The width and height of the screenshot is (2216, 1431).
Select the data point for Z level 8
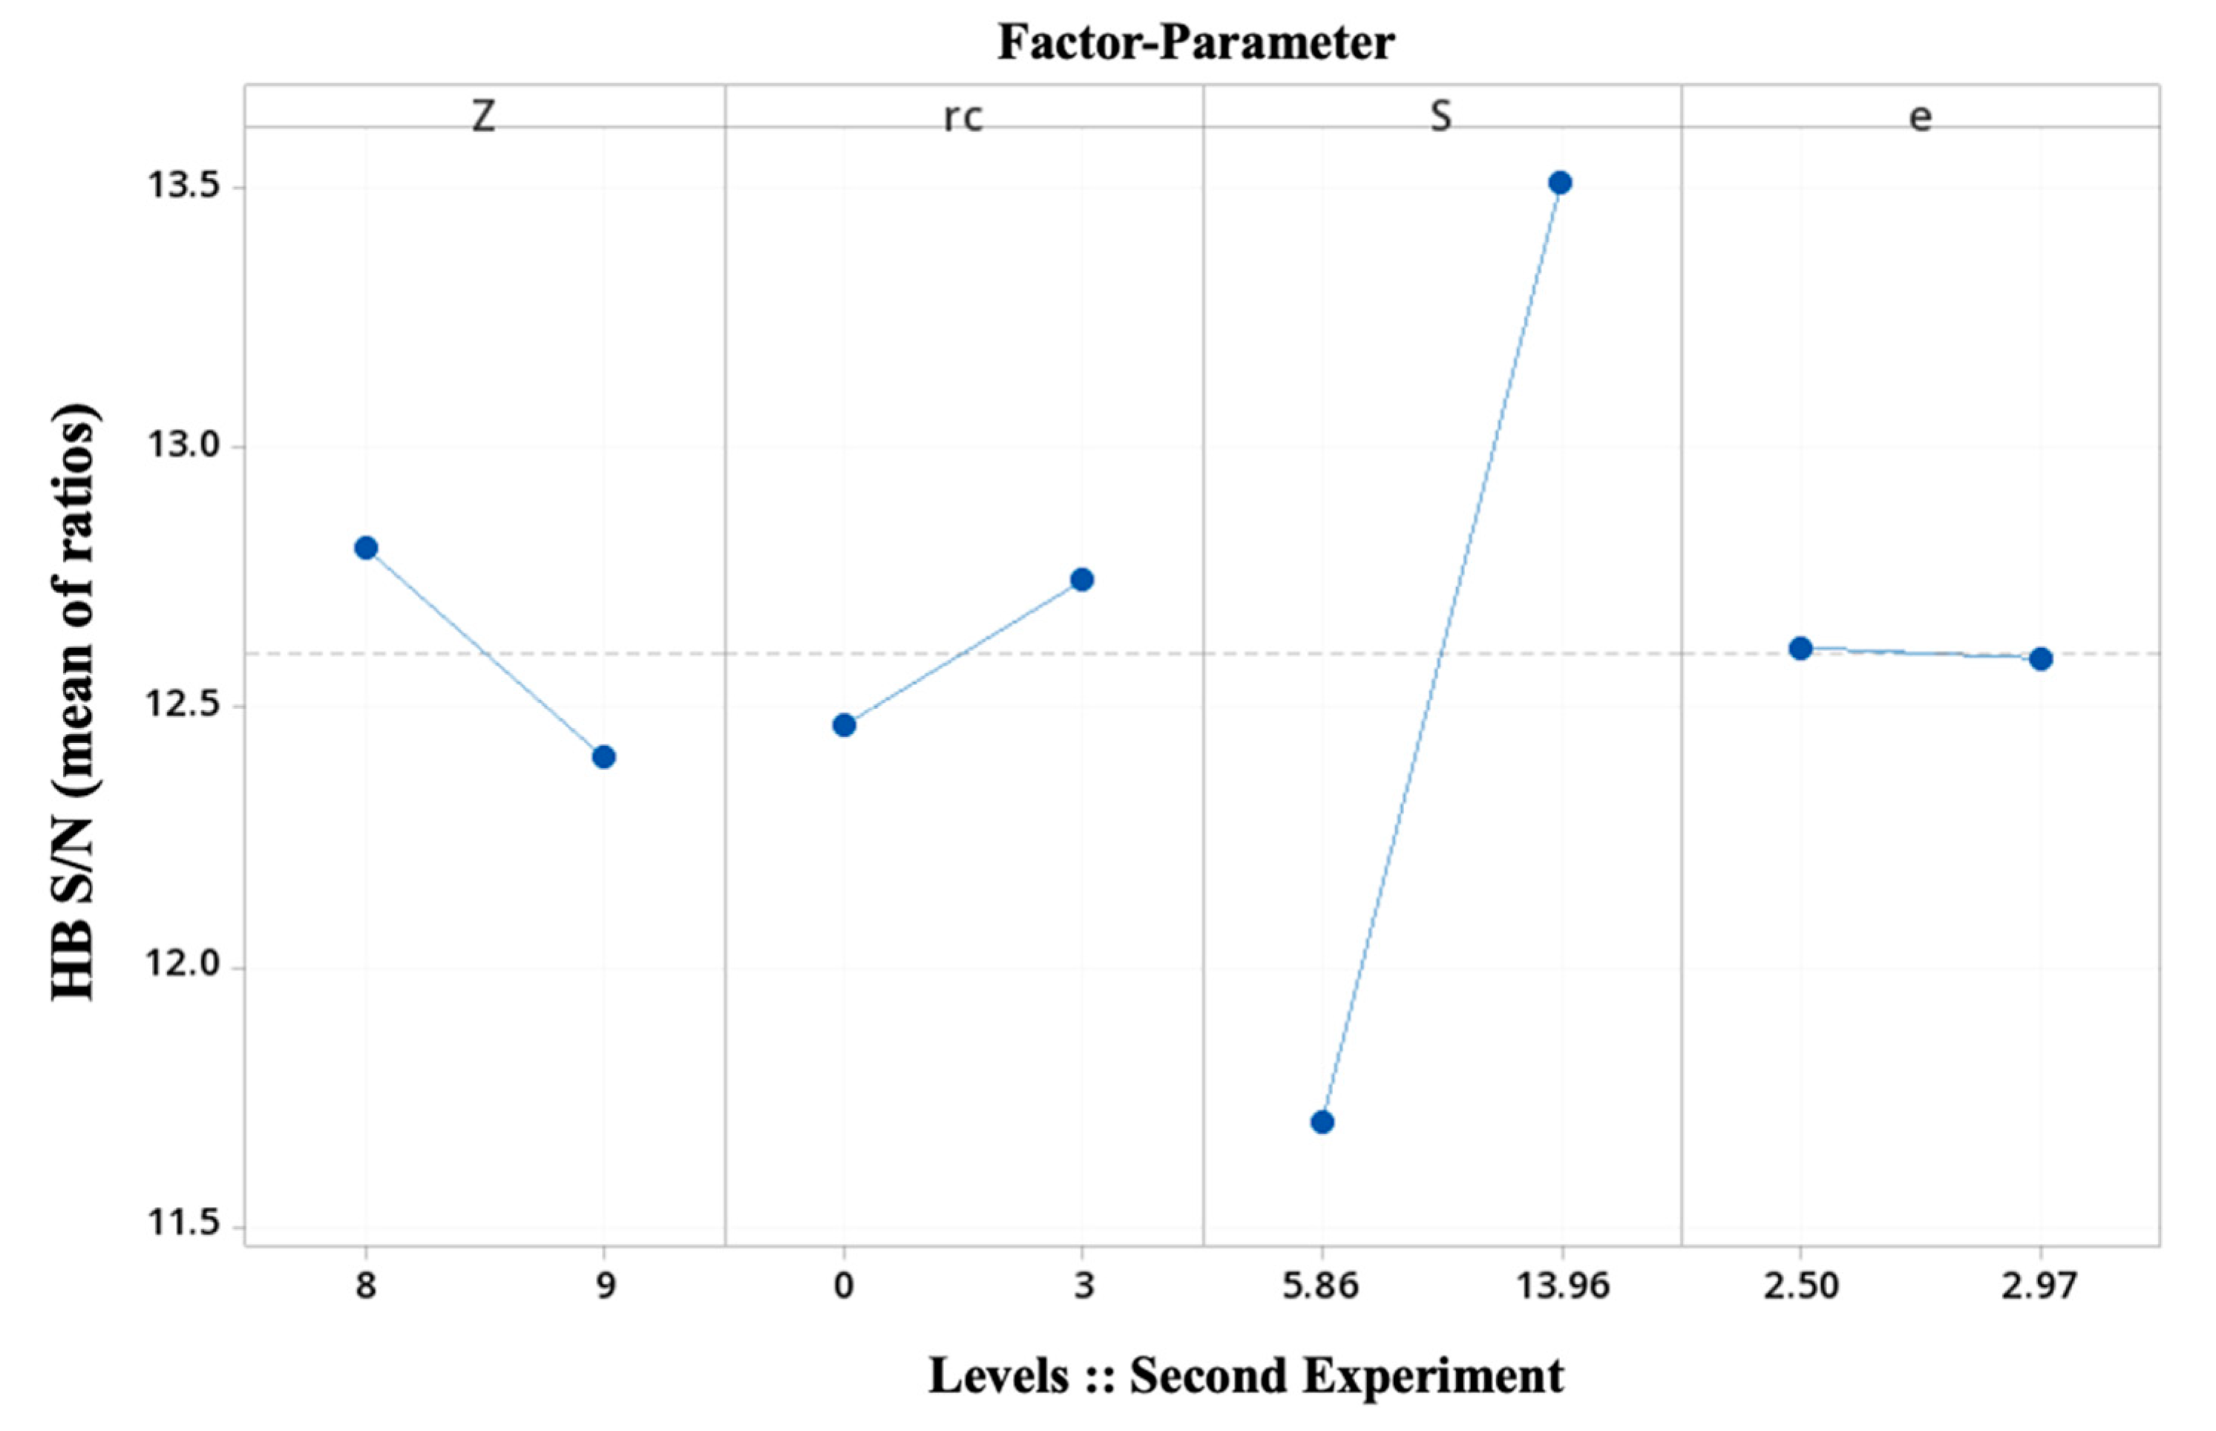[x=366, y=549]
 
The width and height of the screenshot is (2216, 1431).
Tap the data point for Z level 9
[x=604, y=757]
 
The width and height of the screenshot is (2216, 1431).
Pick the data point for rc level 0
[x=844, y=726]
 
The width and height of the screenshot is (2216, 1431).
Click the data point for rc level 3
[x=1081, y=580]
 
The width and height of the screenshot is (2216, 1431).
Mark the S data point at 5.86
[x=1322, y=1122]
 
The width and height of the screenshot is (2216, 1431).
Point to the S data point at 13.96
[x=1560, y=183]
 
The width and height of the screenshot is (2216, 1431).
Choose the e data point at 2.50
[x=1800, y=649]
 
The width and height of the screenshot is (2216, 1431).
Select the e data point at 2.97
[x=2040, y=660]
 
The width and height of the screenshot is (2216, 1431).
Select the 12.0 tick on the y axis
[x=182, y=966]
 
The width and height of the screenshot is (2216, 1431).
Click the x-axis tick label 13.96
[x=1562, y=1286]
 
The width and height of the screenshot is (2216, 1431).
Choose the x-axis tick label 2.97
[x=2039, y=1286]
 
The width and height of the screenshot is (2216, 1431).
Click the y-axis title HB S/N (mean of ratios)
[x=74, y=701]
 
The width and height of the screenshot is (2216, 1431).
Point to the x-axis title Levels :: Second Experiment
[x=1246, y=1376]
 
